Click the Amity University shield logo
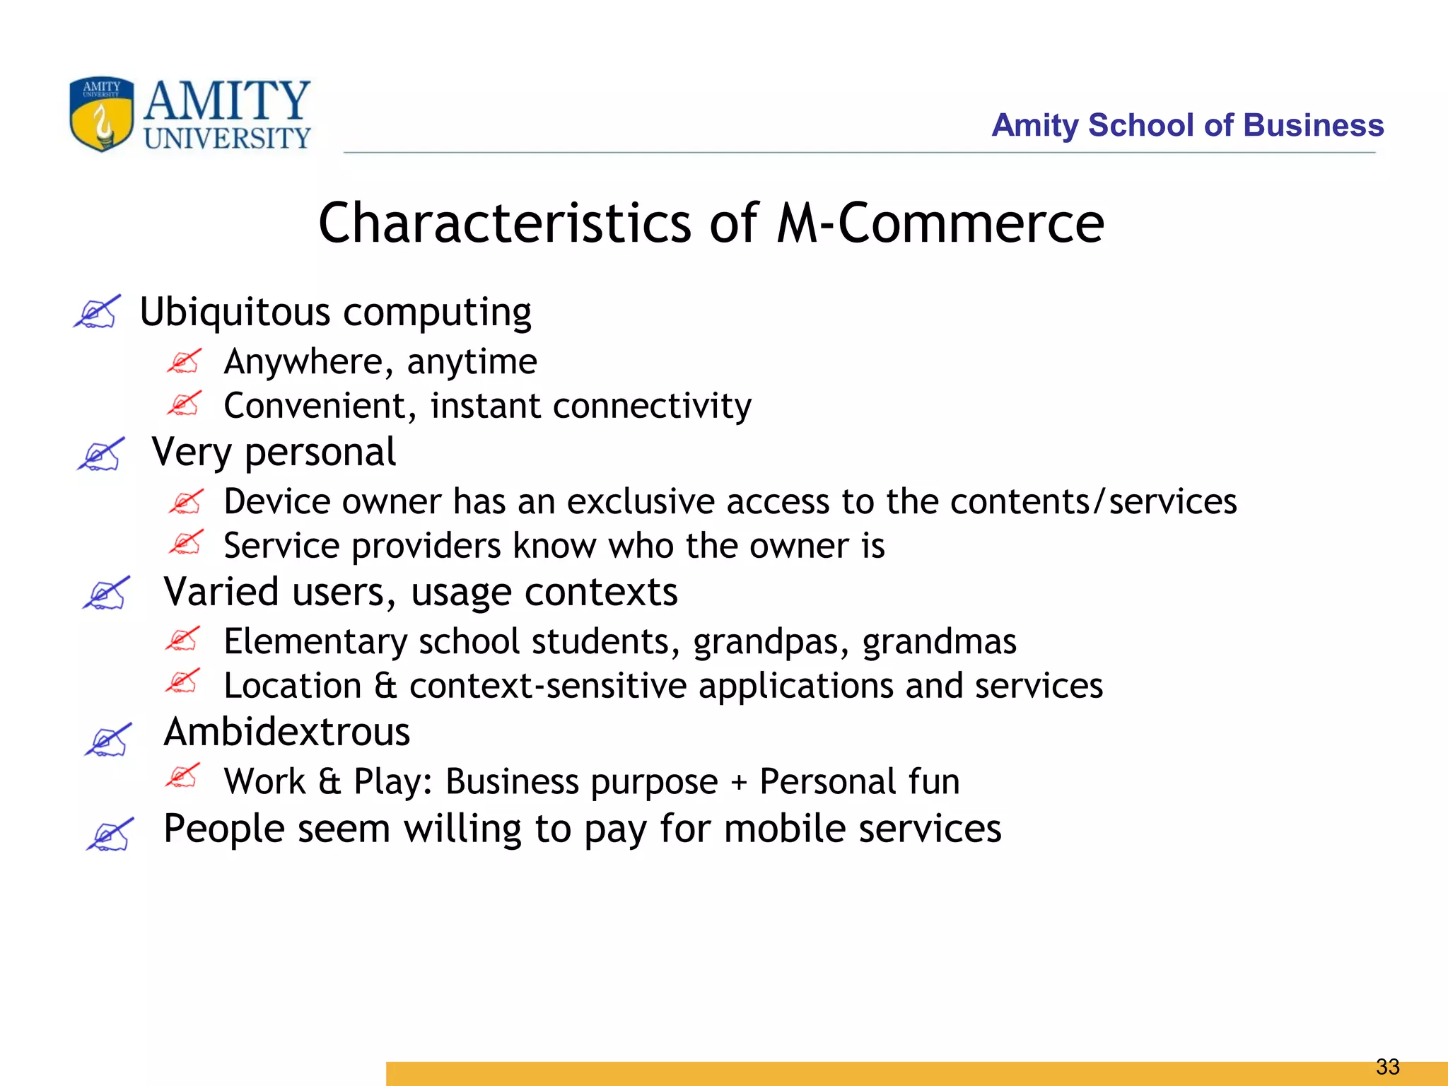click(101, 114)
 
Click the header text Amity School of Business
click(1187, 125)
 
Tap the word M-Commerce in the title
click(940, 223)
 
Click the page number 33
click(1387, 1066)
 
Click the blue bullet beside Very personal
click(100, 454)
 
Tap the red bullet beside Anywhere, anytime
click(185, 361)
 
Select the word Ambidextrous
click(286, 732)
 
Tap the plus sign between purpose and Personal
click(738, 782)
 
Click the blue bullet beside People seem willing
click(109, 835)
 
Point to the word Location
click(293, 686)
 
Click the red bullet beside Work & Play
click(182, 776)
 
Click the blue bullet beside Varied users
click(105, 592)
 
